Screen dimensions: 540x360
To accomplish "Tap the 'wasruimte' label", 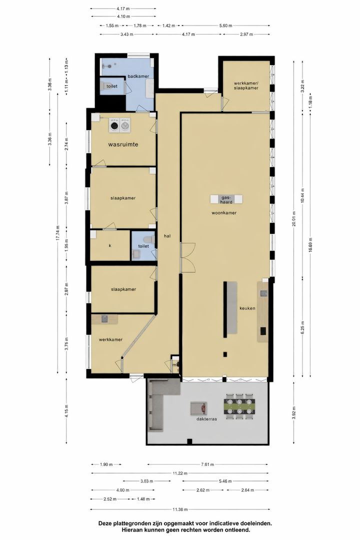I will click(123, 144).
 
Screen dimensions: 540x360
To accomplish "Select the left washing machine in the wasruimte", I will click(115, 125).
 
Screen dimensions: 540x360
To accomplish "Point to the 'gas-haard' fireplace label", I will click(226, 199).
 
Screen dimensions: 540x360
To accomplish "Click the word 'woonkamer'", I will click(223, 212).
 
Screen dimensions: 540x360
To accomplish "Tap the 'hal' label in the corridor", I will click(167, 237).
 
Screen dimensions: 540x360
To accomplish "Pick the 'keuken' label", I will click(247, 308).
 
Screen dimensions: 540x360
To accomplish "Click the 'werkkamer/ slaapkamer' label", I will click(245, 85).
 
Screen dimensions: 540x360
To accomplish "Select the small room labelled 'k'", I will click(109, 246).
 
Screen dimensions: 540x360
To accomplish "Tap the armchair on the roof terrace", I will click(197, 408).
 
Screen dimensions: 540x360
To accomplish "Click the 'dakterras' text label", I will click(206, 420).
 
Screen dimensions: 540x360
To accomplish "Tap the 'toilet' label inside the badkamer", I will click(111, 86).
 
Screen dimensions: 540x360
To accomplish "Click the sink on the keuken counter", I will click(263, 293).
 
